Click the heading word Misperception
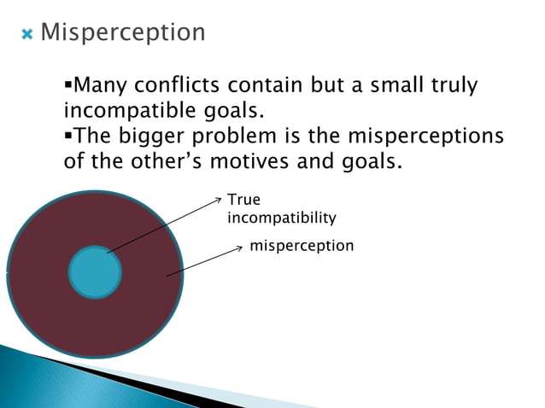[123, 32]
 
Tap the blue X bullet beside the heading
[26, 34]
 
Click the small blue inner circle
[95, 272]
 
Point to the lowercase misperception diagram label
[301, 246]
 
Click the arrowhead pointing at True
[218, 200]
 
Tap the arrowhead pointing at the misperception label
[240, 248]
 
